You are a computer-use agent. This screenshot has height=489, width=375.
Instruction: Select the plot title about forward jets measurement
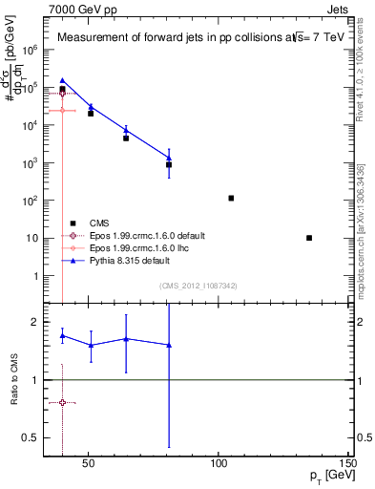197,38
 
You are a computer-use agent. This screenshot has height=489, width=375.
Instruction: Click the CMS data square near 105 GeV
231,198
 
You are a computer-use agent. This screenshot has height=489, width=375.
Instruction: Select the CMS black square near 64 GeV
126,138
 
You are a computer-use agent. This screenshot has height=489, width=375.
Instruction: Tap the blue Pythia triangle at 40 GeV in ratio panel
62,335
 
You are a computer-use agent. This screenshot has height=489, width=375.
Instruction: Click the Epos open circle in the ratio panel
62,402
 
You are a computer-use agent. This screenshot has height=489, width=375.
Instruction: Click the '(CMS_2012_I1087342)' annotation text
198,285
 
